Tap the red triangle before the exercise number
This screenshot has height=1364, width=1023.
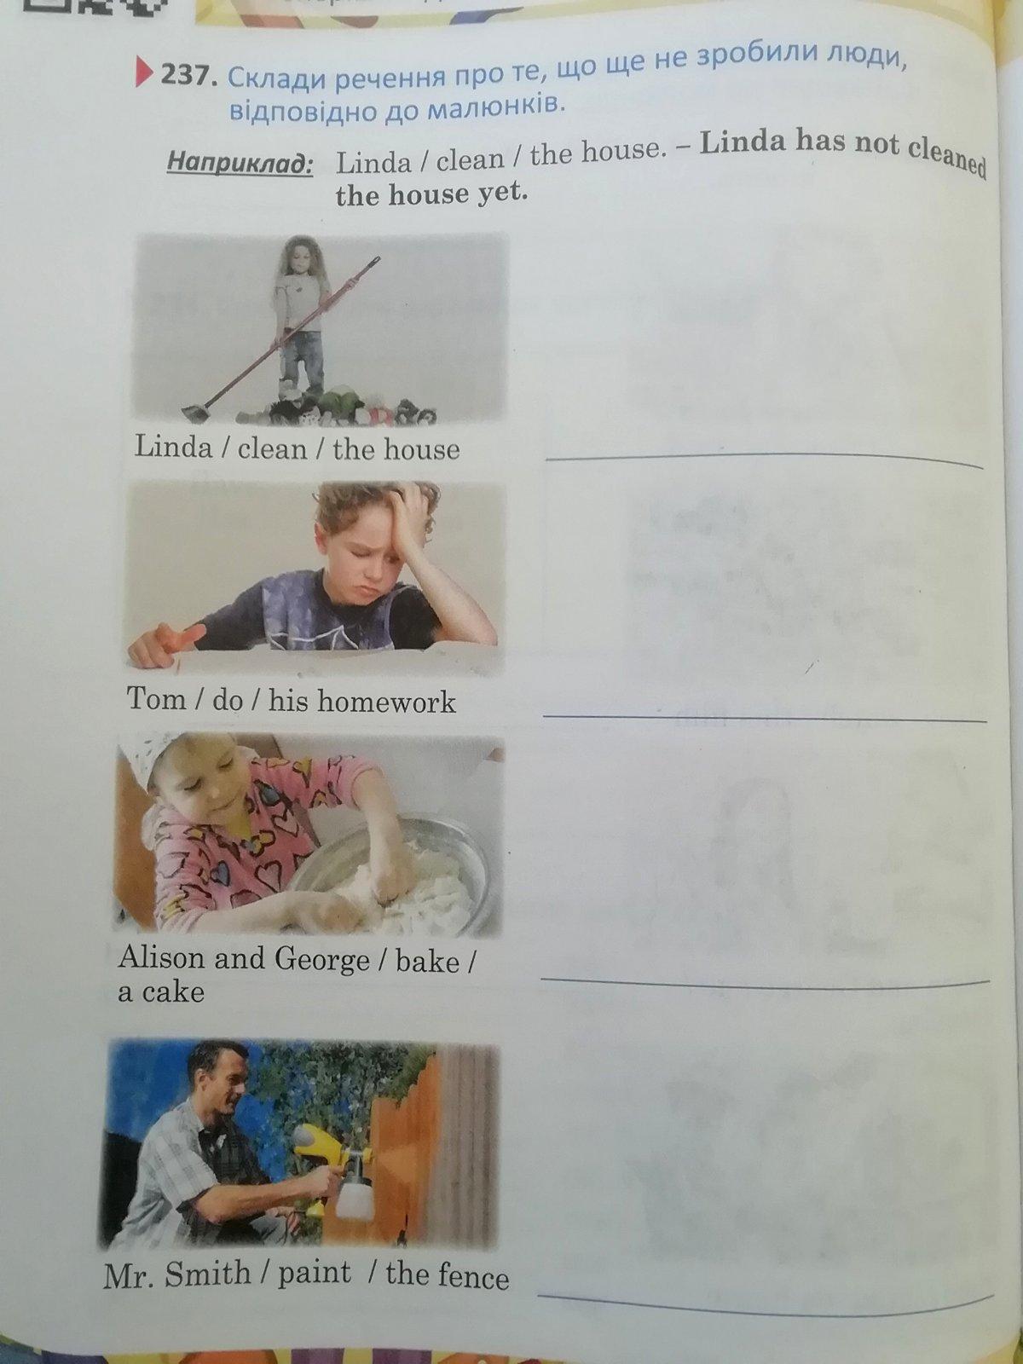(145, 73)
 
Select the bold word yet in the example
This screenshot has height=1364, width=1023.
(504, 193)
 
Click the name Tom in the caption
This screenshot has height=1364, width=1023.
(157, 698)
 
